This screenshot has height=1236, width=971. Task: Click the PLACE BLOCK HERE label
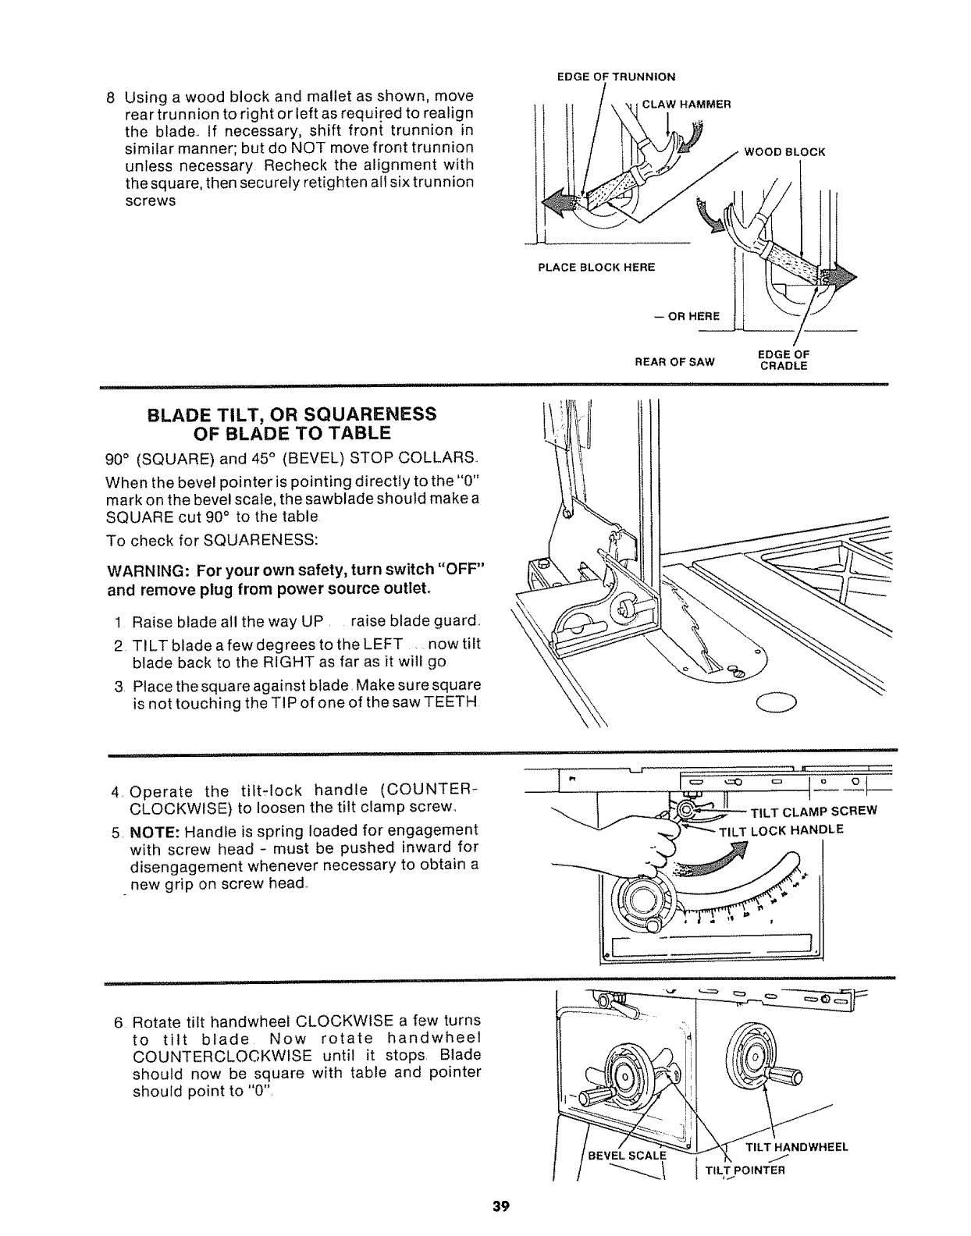[x=596, y=268]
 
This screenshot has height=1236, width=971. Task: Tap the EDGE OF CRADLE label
[x=784, y=360]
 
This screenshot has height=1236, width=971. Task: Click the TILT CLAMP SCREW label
[x=813, y=810]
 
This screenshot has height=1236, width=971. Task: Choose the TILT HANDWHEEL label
[x=796, y=1146]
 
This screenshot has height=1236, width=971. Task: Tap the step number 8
[x=110, y=98]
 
